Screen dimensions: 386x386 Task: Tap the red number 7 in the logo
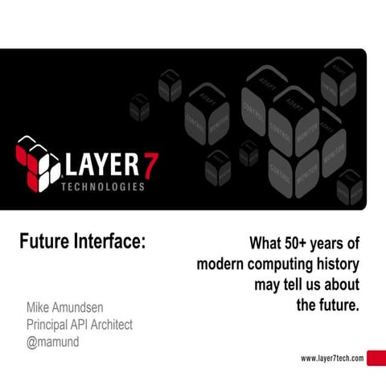point(150,163)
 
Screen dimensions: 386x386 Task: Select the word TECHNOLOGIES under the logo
point(103,187)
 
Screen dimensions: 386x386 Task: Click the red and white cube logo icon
point(39,164)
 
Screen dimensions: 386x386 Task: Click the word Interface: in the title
point(110,241)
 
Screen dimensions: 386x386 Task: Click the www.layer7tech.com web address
point(332,359)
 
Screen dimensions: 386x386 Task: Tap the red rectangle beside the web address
point(376,359)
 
